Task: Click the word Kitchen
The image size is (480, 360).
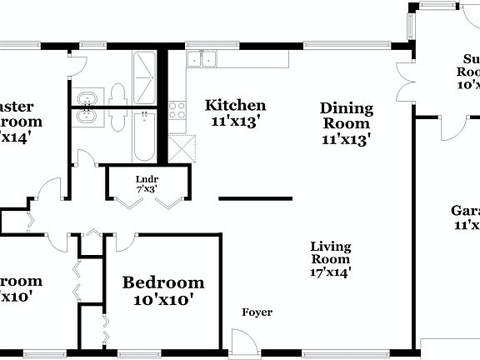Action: pos(236,105)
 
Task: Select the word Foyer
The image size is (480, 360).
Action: pos(257,312)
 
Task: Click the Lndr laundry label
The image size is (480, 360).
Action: pos(147,178)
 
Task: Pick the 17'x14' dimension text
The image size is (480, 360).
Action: pos(331,270)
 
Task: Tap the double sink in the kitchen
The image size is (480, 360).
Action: pos(202,58)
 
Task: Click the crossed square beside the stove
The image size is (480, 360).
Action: pos(180,147)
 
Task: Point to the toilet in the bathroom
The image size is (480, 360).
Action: pos(117,92)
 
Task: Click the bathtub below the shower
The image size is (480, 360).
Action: pos(144,137)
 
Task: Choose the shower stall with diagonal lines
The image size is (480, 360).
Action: pos(144,65)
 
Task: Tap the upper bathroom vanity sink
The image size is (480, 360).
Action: pos(87,99)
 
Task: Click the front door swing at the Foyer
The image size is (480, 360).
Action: pos(242,342)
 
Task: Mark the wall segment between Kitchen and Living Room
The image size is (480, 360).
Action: pos(255,198)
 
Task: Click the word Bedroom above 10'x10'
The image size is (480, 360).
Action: pos(163,282)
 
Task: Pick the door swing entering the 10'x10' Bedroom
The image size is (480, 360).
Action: pos(126,242)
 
